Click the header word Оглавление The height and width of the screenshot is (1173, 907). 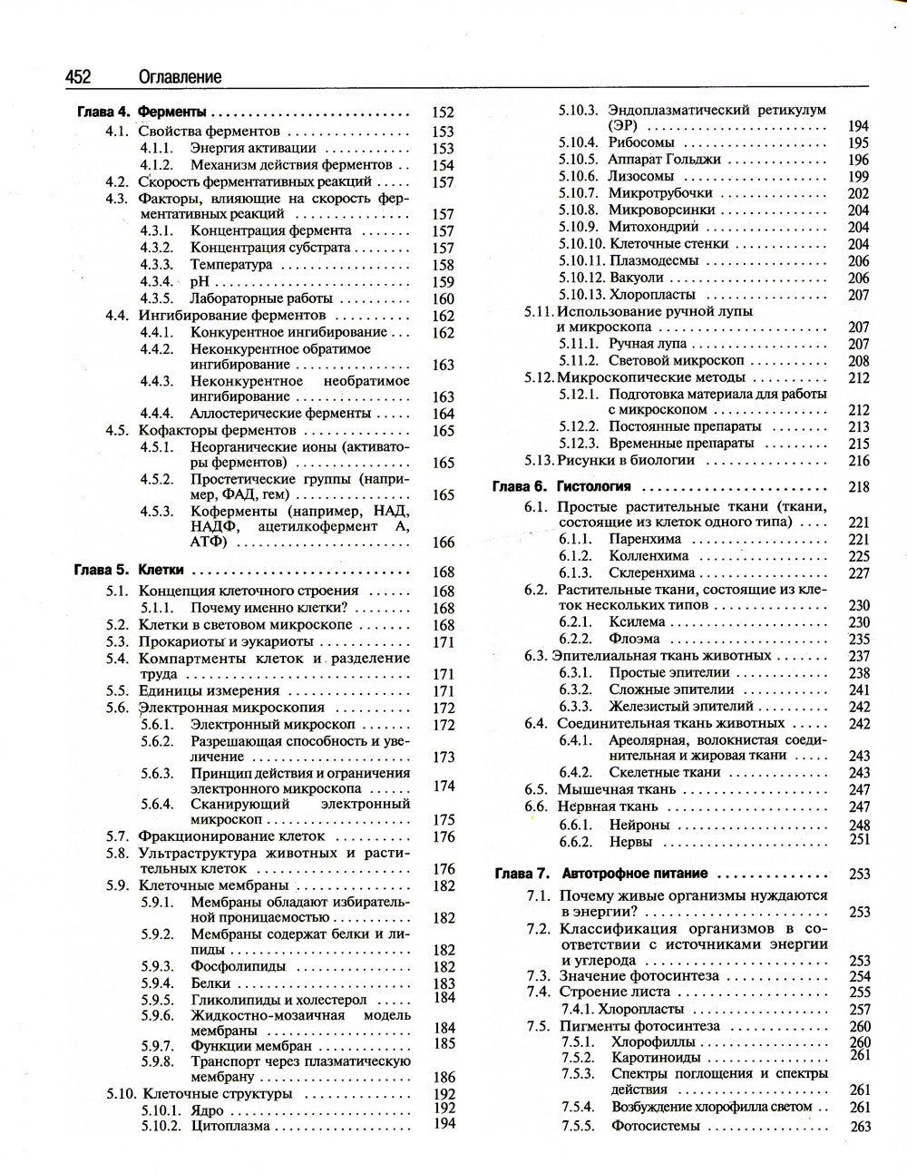[x=180, y=77]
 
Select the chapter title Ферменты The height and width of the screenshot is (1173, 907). [x=171, y=113]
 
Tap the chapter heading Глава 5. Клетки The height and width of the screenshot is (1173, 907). [x=128, y=571]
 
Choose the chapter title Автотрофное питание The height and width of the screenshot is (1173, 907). [x=635, y=874]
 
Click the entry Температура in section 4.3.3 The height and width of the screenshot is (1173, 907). [x=230, y=265]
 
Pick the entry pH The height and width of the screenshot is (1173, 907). [x=199, y=282]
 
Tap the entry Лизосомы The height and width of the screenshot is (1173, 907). [x=640, y=176]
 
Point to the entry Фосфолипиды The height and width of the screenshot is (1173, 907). [x=238, y=967]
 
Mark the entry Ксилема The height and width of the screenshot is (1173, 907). [x=637, y=622]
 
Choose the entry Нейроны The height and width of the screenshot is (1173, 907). [x=639, y=825]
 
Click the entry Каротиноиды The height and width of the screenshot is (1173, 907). [x=656, y=1058]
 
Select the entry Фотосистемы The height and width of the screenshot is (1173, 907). [x=656, y=1126]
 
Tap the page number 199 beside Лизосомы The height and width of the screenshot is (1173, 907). [x=858, y=177]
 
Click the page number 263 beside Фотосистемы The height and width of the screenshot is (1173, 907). [x=860, y=1127]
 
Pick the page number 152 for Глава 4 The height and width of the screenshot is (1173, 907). [x=443, y=113]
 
